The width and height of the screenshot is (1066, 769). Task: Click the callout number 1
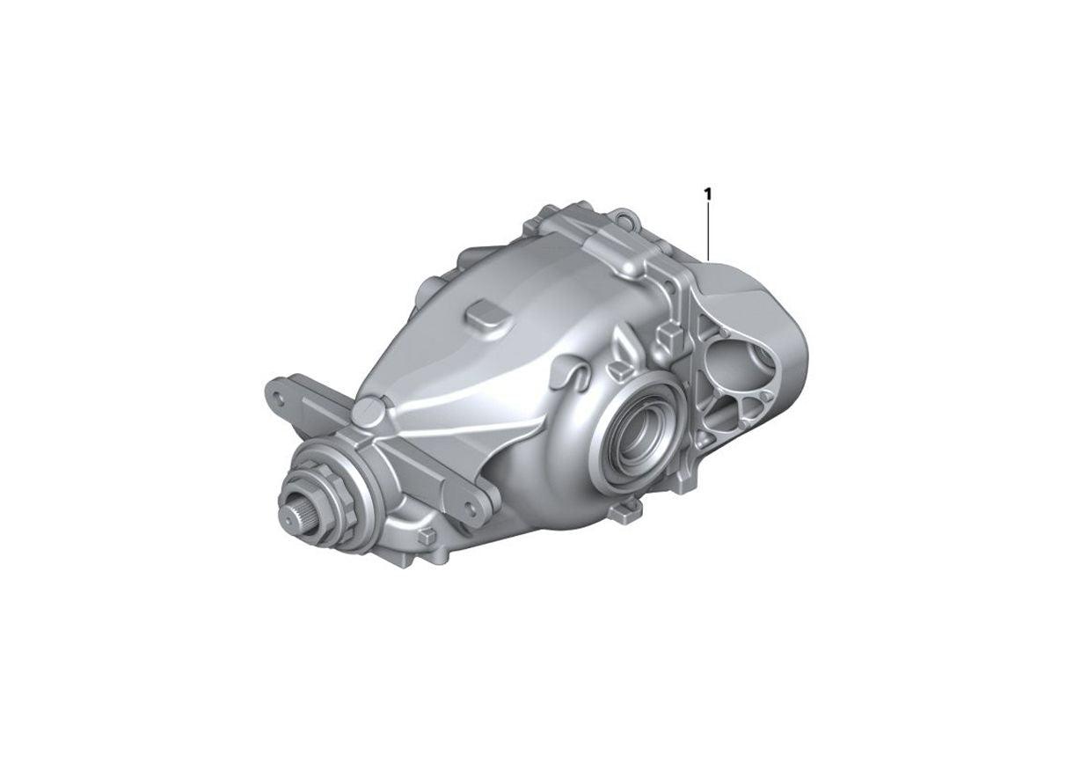707,192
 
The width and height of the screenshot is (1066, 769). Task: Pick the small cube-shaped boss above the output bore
668,333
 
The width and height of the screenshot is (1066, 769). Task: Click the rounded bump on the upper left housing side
428,286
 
